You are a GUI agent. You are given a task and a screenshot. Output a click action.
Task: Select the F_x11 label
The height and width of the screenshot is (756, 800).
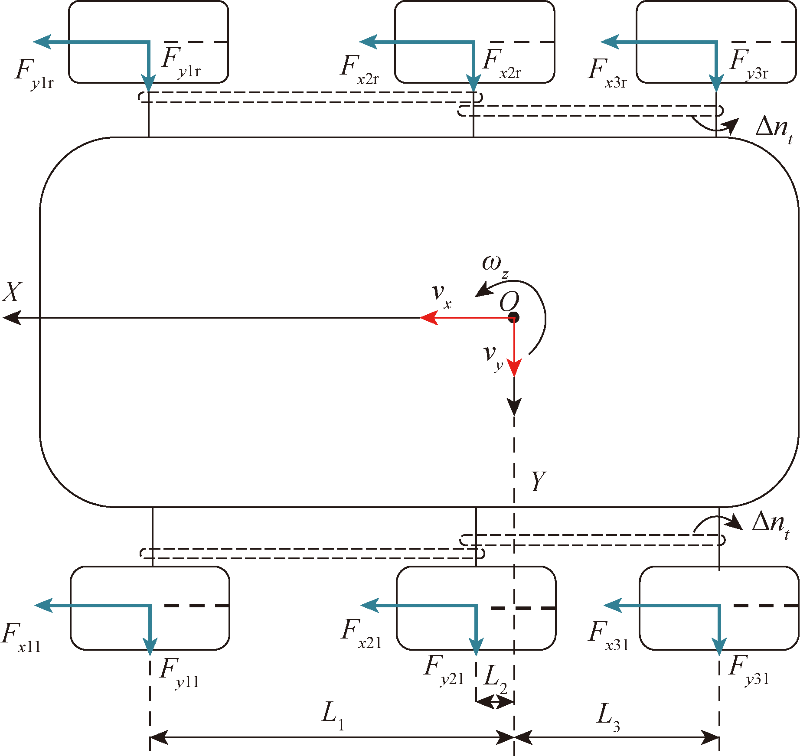tap(21, 638)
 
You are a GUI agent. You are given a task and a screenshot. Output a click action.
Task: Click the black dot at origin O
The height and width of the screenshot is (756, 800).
tap(514, 317)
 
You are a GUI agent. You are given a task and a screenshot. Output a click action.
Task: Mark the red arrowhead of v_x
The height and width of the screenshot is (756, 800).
tap(428, 318)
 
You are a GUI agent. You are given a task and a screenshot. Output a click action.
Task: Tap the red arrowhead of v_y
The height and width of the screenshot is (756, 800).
tap(514, 368)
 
